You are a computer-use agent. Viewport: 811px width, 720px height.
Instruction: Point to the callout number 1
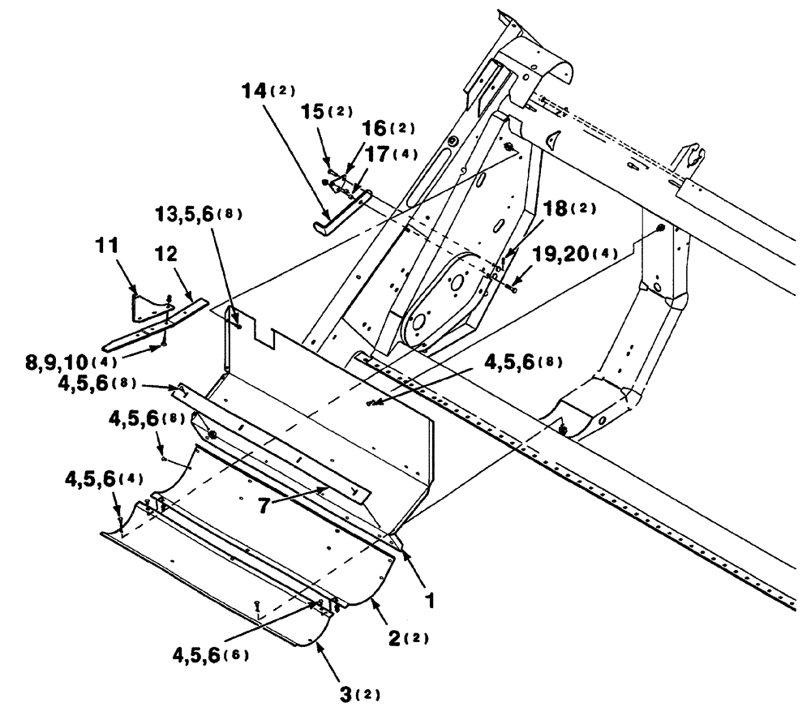pos(431,600)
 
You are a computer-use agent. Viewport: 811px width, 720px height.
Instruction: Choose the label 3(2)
pos(355,694)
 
